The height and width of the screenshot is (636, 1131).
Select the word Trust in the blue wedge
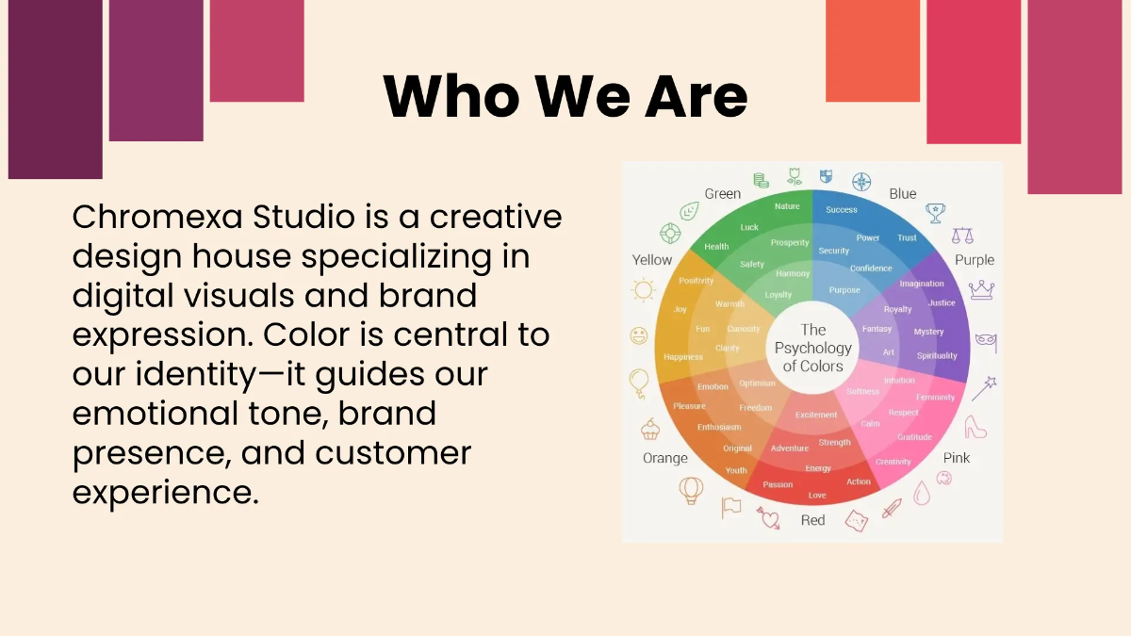click(907, 238)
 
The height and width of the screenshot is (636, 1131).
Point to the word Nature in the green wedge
click(787, 206)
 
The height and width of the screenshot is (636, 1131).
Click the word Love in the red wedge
click(817, 496)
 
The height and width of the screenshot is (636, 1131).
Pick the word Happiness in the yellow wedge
click(683, 357)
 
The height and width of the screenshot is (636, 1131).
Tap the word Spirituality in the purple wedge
click(937, 356)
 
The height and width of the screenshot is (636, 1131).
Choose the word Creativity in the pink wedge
click(893, 462)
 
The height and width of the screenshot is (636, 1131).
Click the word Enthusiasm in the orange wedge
click(719, 428)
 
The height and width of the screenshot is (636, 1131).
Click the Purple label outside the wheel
click(975, 260)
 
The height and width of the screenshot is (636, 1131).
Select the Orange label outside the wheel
click(665, 459)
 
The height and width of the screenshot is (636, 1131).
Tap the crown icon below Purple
click(982, 289)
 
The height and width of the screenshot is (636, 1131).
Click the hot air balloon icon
click(691, 490)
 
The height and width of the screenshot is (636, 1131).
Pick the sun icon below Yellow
click(644, 291)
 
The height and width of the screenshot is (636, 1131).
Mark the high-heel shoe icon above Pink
click(975, 427)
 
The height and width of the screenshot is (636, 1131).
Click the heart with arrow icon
click(769, 517)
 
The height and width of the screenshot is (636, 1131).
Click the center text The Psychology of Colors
click(812, 348)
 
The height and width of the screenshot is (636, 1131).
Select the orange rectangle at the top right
click(872, 50)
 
